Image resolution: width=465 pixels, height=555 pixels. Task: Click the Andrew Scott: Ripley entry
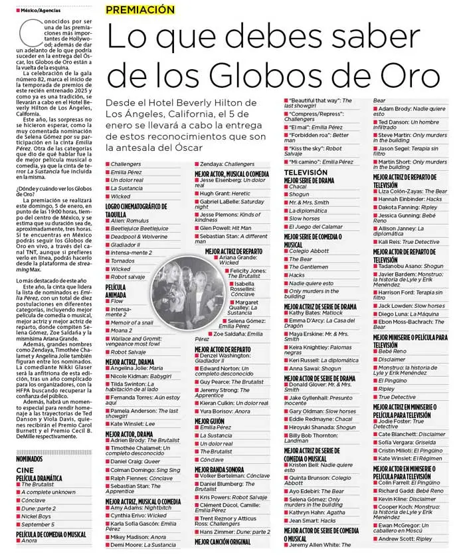tap(405, 538)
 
